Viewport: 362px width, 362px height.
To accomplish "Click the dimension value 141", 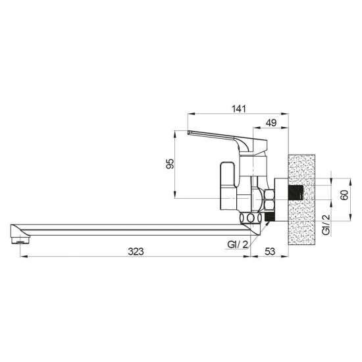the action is tap(239, 109).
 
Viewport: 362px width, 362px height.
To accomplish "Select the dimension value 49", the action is tap(271, 122).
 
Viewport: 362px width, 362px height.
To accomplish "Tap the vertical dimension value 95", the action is tap(170, 164).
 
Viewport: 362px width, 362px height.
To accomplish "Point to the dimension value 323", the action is tap(136, 251).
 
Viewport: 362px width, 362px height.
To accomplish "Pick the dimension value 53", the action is tap(270, 251).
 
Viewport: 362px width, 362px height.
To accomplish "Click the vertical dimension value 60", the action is tap(344, 195).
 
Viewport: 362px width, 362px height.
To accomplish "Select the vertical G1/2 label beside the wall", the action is tap(326, 224).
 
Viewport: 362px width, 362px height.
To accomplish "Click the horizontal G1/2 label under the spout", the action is tap(238, 244).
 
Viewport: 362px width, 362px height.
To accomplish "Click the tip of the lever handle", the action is tap(188, 132).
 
